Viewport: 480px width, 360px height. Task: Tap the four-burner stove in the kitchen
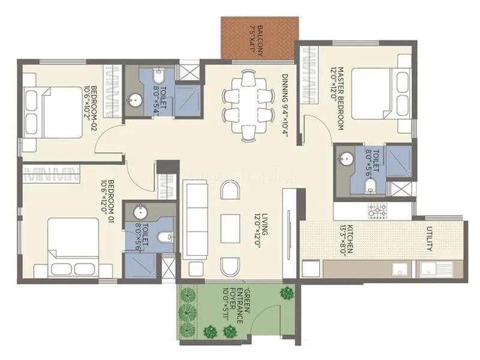378,210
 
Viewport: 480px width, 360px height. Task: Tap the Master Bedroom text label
335,99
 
